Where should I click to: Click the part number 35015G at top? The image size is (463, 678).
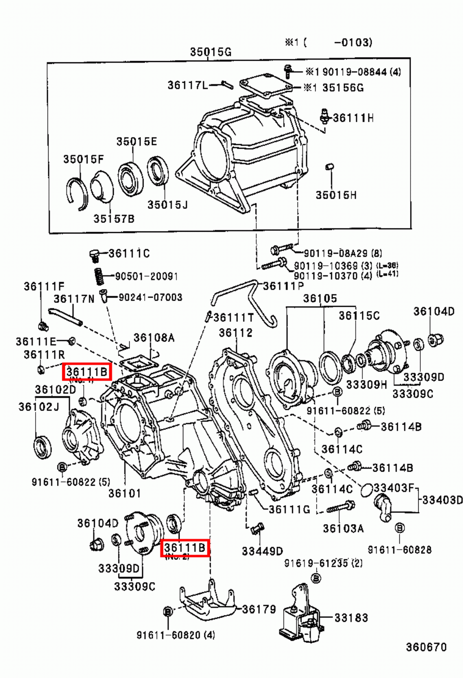click(210, 52)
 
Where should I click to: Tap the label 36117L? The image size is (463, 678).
click(187, 85)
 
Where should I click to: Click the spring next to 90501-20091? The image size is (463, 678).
click(99, 276)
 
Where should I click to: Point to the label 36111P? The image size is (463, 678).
click(283, 286)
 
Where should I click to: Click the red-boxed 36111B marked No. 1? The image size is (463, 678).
click(87, 372)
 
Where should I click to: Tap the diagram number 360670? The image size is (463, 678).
click(426, 647)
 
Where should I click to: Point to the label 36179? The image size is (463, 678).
click(259, 609)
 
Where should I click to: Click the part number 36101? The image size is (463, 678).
click(124, 493)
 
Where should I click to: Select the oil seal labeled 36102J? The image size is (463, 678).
click(42, 447)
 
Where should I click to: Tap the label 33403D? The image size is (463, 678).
click(442, 500)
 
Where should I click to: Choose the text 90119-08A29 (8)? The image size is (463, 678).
click(342, 253)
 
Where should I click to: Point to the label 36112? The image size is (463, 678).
click(235, 333)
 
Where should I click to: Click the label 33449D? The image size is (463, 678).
click(262, 551)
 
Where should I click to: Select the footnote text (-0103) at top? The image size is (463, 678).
click(352, 42)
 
